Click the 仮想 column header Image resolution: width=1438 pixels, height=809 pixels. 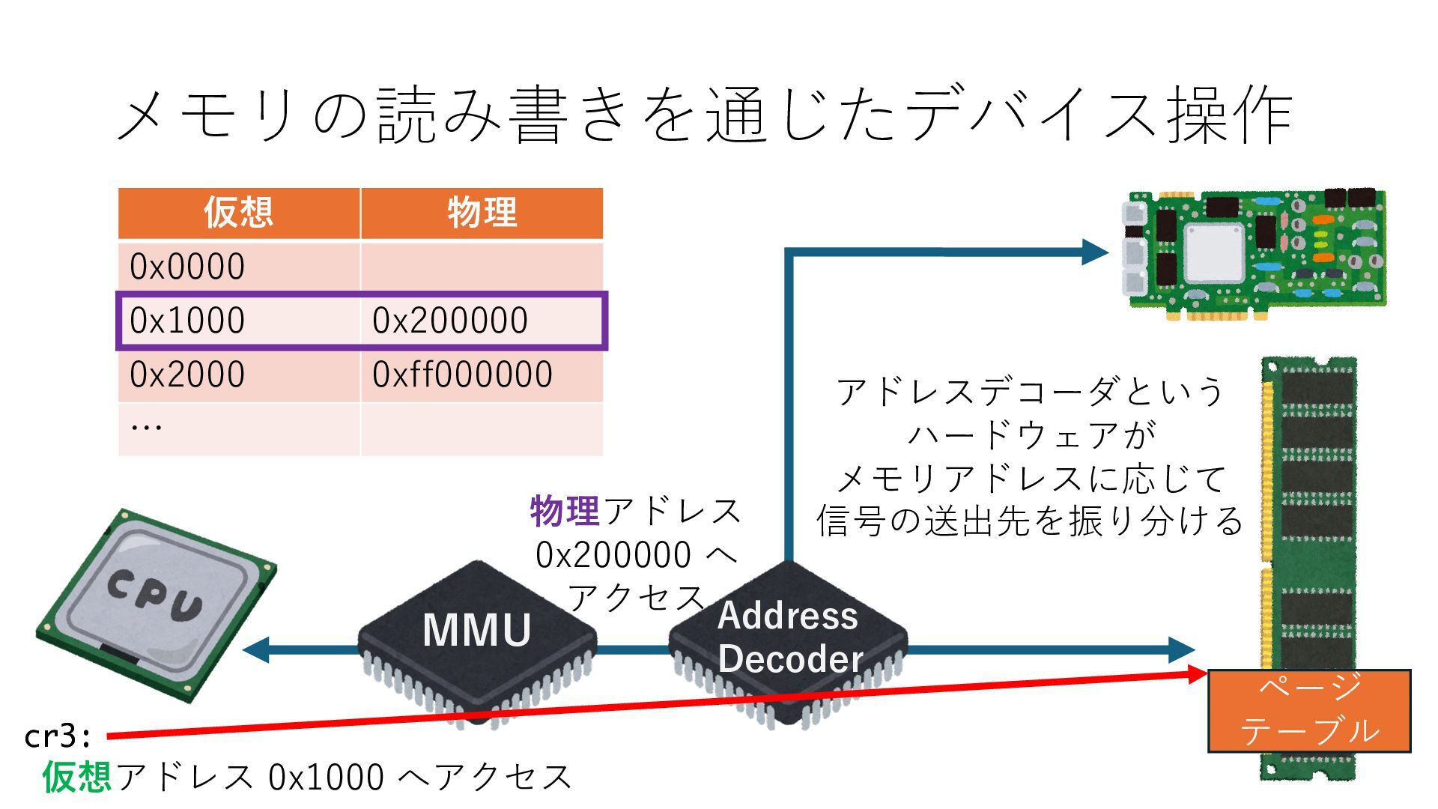(x=238, y=213)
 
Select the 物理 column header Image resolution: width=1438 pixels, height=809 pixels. (x=482, y=213)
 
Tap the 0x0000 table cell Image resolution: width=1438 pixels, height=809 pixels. (x=187, y=267)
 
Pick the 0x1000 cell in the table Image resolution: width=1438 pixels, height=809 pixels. (x=187, y=321)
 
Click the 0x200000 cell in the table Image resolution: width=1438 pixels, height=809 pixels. (x=450, y=321)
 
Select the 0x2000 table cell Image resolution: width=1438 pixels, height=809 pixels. (x=187, y=375)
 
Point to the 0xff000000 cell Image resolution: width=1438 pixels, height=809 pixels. (x=462, y=375)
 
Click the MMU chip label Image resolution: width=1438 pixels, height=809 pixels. (x=476, y=630)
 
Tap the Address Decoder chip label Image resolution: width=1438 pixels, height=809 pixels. (x=789, y=637)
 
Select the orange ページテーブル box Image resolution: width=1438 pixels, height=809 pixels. (x=1309, y=710)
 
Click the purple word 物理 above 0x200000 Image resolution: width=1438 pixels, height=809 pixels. (x=564, y=512)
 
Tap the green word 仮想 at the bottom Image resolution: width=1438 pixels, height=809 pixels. (x=76, y=777)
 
